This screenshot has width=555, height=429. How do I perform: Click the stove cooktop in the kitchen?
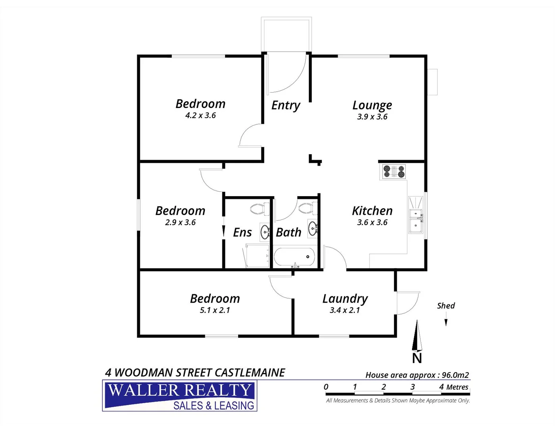394,172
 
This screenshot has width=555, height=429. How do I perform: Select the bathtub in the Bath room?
295,257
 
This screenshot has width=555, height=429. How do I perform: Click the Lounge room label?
372,105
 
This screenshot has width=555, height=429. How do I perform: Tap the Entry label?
285,105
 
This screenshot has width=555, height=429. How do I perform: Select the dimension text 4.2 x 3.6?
200,116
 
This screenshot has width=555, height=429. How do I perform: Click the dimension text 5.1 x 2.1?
215,310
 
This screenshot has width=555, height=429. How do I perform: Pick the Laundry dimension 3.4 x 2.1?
345,310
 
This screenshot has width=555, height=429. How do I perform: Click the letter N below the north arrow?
417,358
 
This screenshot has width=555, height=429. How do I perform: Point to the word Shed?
446,305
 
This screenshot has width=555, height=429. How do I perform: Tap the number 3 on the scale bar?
412,387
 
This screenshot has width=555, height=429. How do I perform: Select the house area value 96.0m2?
455,375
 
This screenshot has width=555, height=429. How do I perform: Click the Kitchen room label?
372,211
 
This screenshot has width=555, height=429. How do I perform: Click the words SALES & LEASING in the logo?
214,406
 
